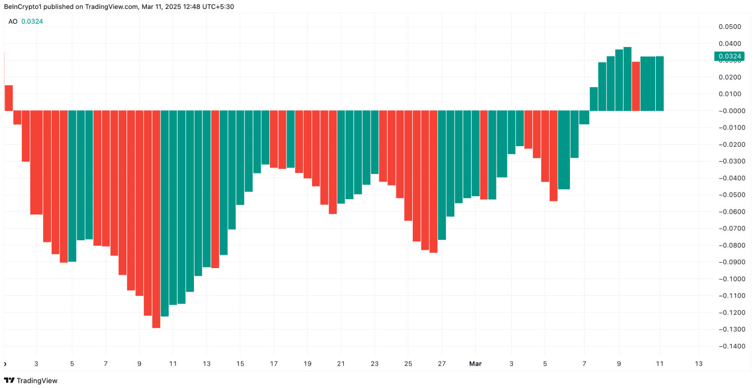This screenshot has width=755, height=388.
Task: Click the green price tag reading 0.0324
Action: point(728,56)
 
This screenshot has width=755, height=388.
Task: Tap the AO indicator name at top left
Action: point(13,22)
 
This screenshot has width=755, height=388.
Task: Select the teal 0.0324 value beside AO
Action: point(32,22)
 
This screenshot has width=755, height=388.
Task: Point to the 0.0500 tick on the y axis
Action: point(731,27)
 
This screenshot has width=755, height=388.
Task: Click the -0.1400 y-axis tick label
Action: point(729,346)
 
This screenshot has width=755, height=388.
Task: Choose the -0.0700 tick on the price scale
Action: point(729,228)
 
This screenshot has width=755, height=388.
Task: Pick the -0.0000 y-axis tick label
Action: point(729,111)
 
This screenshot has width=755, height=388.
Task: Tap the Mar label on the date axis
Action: point(476,364)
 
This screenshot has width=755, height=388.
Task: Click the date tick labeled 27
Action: point(441,364)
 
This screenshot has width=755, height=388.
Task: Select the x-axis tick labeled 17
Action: point(274,364)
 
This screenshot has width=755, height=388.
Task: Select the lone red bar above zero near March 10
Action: point(635,86)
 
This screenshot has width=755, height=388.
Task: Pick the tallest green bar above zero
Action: point(628,79)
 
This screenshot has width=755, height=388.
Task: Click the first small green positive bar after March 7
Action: point(594,99)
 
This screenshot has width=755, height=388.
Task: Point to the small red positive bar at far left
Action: point(8,98)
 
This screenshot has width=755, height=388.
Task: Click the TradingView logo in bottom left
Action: point(31,381)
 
